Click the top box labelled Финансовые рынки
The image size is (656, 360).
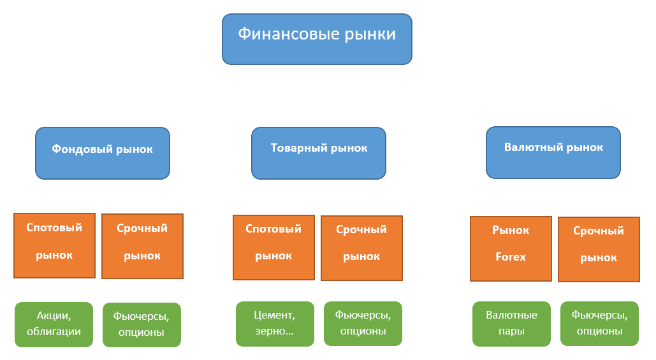(317, 39)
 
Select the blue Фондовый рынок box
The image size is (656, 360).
(103, 153)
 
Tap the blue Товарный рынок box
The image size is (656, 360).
(319, 153)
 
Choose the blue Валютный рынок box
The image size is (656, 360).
(553, 152)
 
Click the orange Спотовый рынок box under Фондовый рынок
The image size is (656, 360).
(54, 245)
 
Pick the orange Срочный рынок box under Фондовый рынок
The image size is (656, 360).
(142, 246)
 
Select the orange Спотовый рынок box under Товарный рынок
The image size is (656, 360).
(273, 247)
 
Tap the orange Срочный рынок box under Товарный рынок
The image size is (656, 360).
(361, 248)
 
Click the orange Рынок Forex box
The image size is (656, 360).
(511, 248)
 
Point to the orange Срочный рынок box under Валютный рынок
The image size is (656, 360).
(599, 249)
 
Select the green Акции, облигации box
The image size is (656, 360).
(54, 324)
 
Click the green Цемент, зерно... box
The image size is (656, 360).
(275, 324)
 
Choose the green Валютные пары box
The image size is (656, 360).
(511, 324)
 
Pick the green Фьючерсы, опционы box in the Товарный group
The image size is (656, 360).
(363, 324)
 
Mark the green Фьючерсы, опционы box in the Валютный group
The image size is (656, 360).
(599, 324)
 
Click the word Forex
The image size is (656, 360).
(511, 257)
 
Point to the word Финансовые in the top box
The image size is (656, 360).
(277, 34)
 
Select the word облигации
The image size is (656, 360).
(54, 332)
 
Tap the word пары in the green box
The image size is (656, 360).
(511, 331)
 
